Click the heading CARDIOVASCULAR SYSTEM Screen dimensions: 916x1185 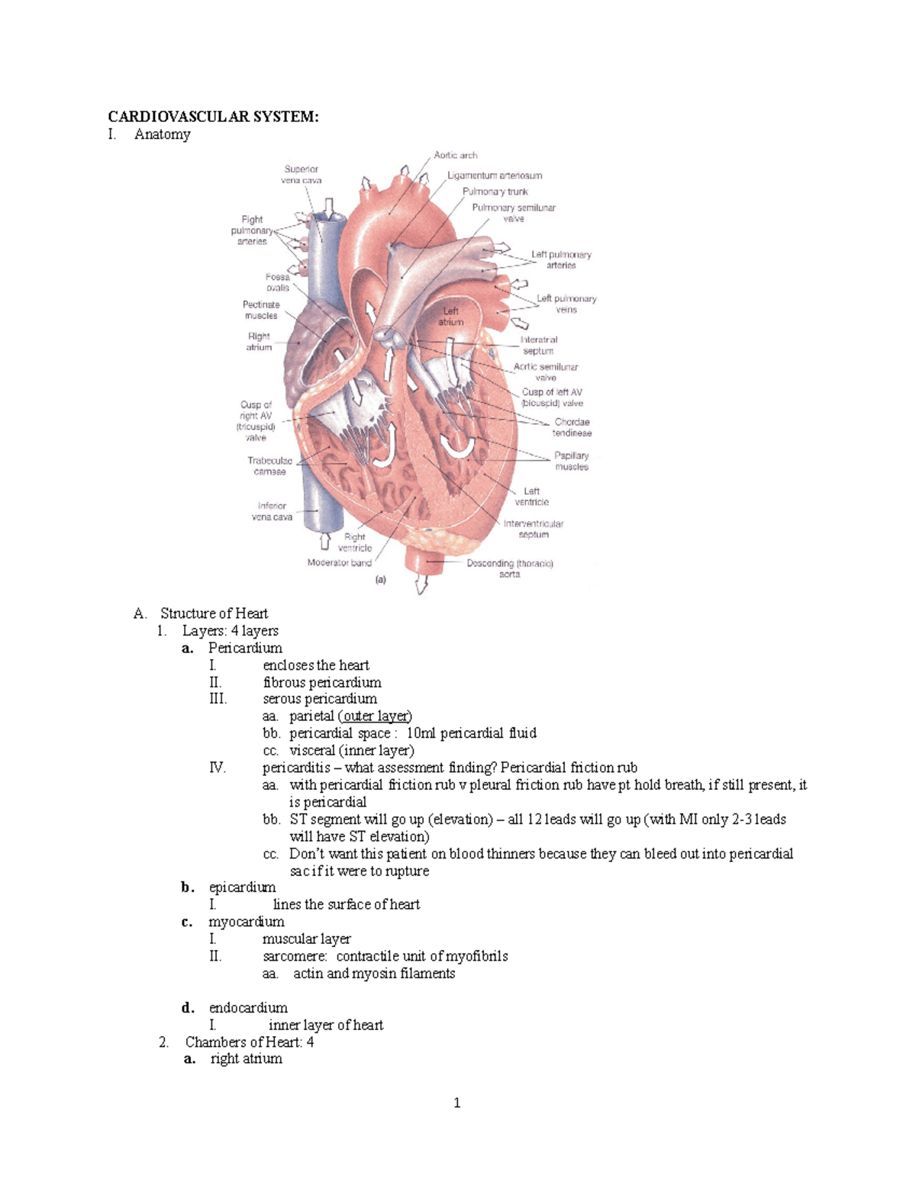pos(213,117)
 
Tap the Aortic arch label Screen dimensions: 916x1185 pos(456,155)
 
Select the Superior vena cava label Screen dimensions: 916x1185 pos(302,175)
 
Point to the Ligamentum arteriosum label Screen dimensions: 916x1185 pos(495,175)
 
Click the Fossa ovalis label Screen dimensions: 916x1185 pos(278,282)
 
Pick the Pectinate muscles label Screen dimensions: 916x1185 pos(261,310)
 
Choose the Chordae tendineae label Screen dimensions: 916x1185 pos(572,427)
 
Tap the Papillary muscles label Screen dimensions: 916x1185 pos(572,461)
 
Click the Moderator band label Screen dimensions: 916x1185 pos(339,563)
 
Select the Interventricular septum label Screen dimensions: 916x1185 pos(534,529)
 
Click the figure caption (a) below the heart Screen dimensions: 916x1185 pos(380,580)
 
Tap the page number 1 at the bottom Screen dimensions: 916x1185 pos(456,1103)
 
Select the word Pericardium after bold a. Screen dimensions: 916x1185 pos(245,649)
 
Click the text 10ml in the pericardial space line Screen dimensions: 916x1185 pos(421,733)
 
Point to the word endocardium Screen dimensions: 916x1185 pos(248,1008)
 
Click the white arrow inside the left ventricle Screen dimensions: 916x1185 pos(460,446)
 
